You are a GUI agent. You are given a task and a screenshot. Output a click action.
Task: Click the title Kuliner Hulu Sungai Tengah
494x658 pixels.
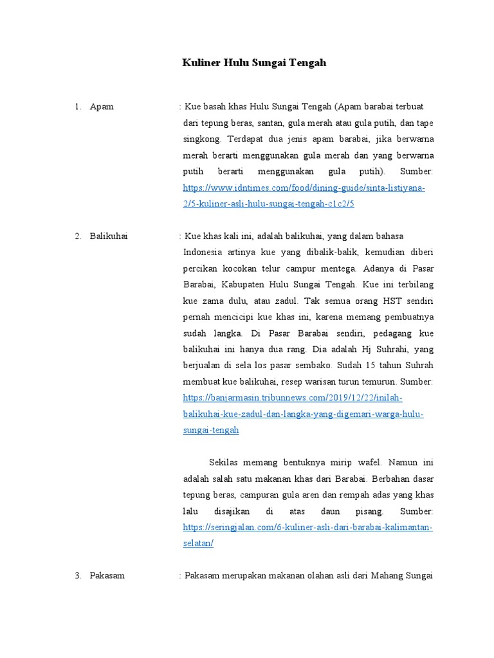(254, 63)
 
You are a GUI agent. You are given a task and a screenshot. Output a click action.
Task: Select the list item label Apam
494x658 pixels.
(102, 106)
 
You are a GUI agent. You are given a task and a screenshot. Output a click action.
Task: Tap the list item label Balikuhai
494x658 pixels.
(109, 236)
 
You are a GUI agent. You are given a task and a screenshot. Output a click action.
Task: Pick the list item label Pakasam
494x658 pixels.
(107, 576)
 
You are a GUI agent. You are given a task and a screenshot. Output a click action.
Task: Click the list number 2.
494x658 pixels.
(77, 236)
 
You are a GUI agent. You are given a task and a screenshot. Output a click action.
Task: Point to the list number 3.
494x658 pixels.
(77, 576)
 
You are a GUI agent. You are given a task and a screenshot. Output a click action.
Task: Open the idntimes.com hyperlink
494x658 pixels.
(304, 188)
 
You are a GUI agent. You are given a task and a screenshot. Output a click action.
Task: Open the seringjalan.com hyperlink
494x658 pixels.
(307, 528)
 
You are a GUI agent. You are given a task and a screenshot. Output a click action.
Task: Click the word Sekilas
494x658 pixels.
(226, 463)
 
